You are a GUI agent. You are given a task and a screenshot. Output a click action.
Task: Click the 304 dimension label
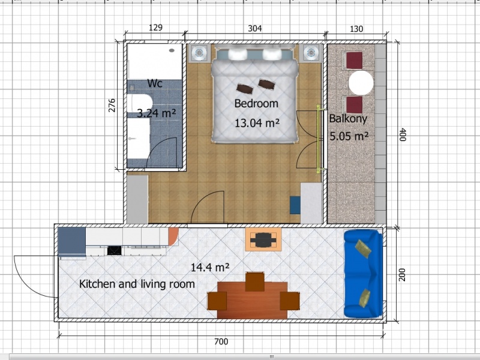point(254,28)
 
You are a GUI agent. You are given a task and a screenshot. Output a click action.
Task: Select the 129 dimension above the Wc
point(155,28)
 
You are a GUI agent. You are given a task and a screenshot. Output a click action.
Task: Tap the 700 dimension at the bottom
point(221,341)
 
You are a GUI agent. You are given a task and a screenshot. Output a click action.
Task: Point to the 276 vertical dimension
point(112,106)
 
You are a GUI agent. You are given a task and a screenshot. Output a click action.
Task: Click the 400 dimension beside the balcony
point(403,134)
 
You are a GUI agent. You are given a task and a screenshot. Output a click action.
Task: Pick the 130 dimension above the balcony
point(356,29)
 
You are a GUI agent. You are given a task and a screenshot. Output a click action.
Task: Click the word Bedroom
point(256,103)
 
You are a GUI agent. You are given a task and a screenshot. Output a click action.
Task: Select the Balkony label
point(348,119)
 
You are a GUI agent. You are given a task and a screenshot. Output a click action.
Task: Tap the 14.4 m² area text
point(210,268)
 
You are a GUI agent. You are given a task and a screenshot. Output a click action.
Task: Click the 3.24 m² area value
point(156,113)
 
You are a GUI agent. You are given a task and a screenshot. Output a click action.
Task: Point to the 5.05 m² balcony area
point(349,136)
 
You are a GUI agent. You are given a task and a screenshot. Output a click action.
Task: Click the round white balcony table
point(361,83)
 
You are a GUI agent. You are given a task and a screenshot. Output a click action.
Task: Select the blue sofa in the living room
point(364,274)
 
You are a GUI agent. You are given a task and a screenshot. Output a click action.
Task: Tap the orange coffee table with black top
point(263,239)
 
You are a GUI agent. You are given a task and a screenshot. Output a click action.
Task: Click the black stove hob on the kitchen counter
point(115,251)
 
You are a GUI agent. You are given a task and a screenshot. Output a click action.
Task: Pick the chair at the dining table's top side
point(254,281)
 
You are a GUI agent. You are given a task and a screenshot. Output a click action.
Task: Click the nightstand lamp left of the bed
point(199,53)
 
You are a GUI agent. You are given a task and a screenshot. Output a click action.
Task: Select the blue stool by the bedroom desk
point(295,205)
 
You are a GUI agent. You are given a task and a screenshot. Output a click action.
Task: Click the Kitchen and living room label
point(137,284)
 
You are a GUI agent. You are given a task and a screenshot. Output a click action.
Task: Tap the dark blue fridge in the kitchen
point(71,242)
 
